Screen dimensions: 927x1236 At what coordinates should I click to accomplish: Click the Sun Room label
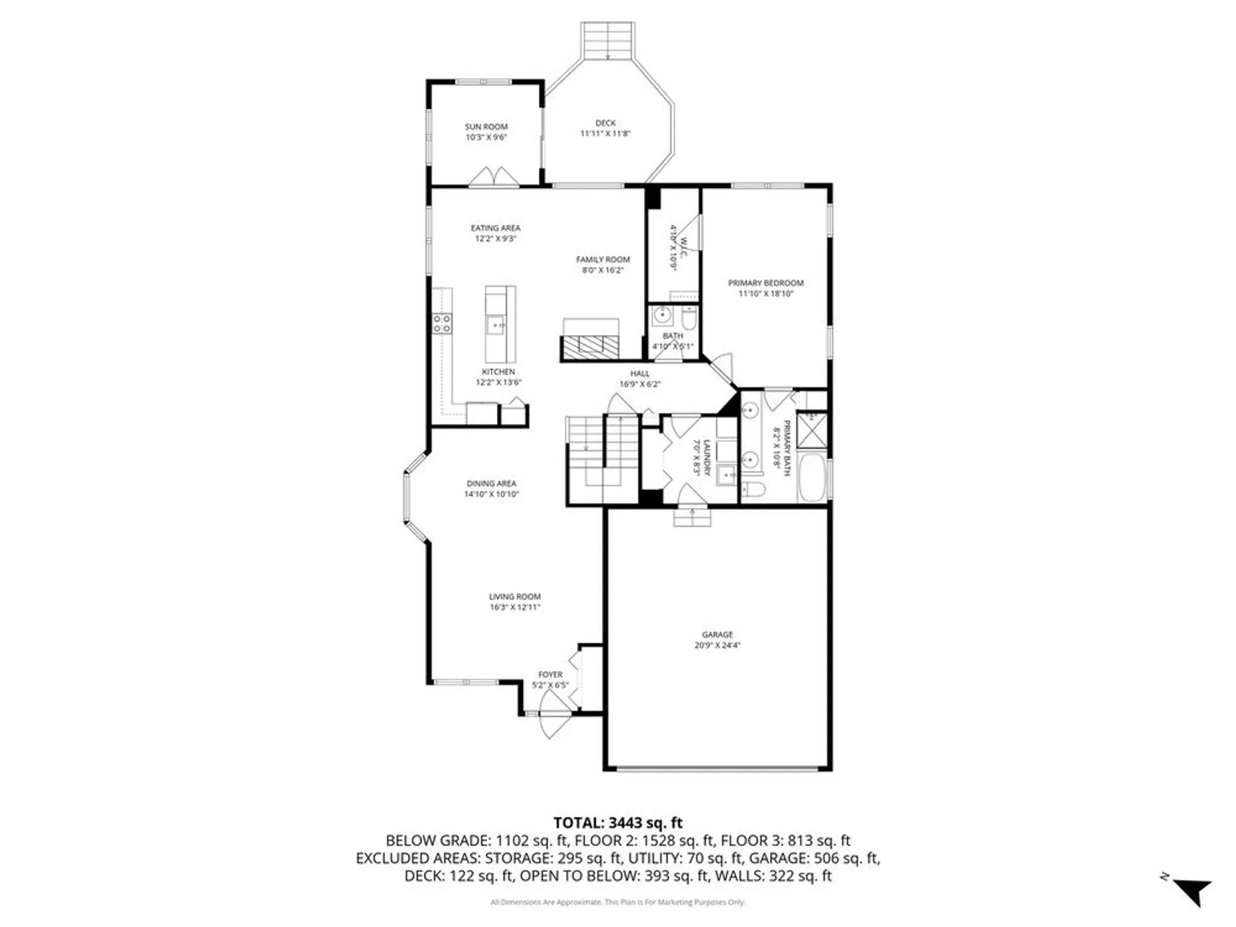click(x=486, y=127)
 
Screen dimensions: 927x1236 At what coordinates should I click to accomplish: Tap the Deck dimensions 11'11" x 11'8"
click(x=605, y=133)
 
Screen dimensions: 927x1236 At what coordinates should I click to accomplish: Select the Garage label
click(x=717, y=635)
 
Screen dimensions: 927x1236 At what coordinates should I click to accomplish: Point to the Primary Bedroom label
click(x=766, y=283)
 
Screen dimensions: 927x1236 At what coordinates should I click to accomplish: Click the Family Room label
click(x=603, y=260)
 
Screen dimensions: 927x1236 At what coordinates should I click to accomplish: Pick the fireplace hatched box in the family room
click(x=590, y=347)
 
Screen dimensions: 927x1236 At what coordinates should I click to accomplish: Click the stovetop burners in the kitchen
click(x=442, y=323)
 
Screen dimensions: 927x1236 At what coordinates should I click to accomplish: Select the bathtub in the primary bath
click(x=811, y=478)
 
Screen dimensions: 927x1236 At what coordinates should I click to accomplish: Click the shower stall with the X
click(x=811, y=430)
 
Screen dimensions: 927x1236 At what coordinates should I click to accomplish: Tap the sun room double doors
click(x=494, y=177)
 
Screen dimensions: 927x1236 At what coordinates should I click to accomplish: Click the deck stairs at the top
click(x=607, y=41)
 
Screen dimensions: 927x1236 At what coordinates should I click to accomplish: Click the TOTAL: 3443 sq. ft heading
click(x=617, y=823)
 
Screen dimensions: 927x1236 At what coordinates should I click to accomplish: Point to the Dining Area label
click(x=491, y=484)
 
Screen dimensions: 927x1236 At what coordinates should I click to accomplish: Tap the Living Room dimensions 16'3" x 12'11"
click(x=515, y=607)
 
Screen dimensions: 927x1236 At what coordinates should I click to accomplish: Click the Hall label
click(x=640, y=373)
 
